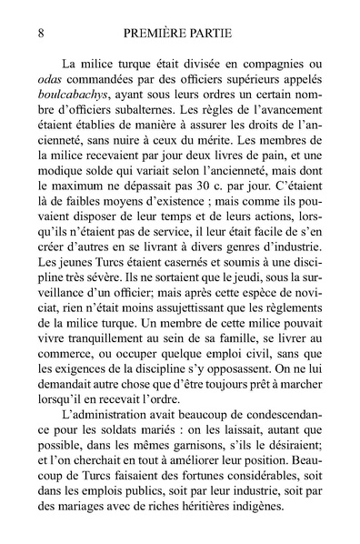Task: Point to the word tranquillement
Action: pos(108,358)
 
